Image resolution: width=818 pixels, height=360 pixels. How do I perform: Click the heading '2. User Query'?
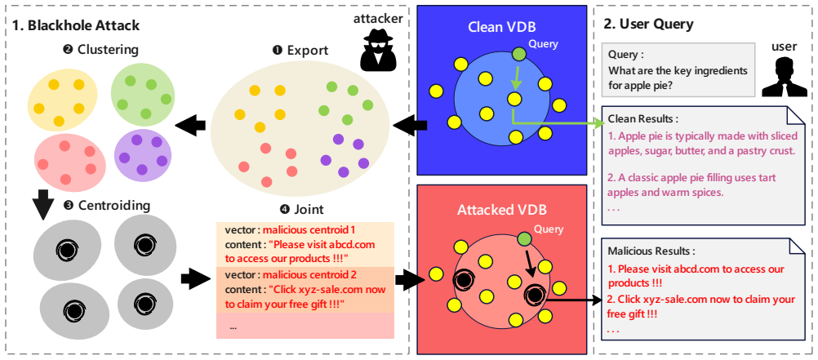point(648,24)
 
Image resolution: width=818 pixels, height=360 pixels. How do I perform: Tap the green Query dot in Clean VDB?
point(519,54)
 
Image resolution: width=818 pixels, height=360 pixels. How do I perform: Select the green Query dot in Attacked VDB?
point(524,239)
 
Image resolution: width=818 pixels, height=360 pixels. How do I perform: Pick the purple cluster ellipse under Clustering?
point(142,154)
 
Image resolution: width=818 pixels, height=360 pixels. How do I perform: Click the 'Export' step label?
point(300,51)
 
